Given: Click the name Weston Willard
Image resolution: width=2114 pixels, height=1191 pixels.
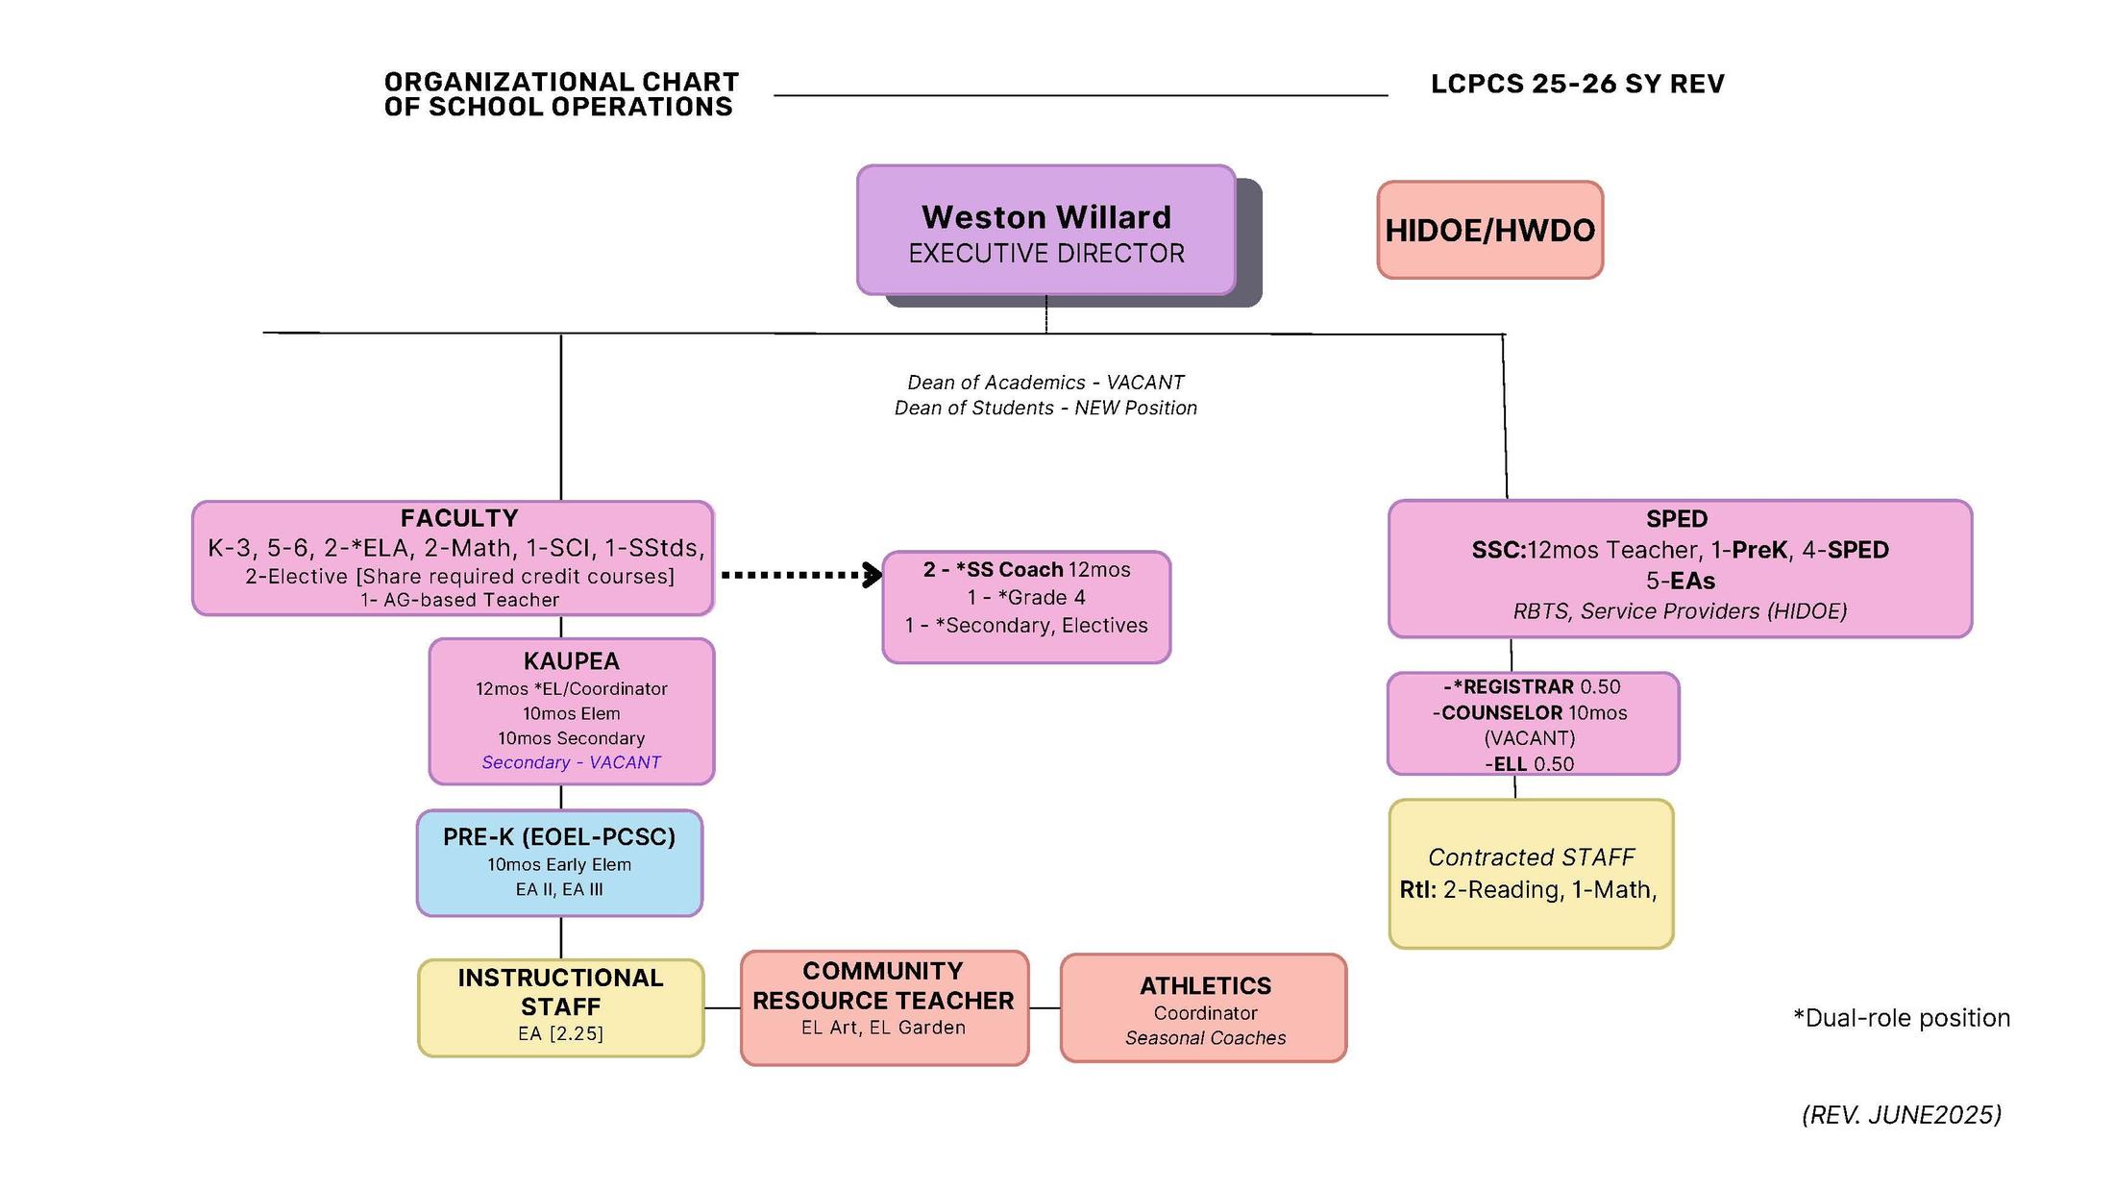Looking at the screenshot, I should [1045, 217].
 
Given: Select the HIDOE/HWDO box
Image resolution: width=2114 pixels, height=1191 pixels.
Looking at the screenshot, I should [1489, 231].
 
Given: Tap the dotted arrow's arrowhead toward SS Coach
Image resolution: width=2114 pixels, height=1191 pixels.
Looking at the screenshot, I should [873, 575].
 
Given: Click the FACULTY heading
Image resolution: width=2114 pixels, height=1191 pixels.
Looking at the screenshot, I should [459, 518].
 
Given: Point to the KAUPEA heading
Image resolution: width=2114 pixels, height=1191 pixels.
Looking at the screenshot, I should [571, 661].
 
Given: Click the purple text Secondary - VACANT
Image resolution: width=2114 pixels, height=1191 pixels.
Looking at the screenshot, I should [571, 762].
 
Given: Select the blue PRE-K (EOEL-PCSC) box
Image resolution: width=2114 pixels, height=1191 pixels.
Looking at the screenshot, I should [559, 862].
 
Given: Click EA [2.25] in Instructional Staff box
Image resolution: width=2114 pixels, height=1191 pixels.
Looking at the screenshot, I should [560, 1033].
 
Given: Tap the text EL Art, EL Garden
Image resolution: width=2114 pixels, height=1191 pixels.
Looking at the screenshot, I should [883, 1028].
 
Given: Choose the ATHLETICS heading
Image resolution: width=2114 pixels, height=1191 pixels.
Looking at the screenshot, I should [1205, 986].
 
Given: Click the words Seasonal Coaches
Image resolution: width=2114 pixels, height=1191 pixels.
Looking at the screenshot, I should [1205, 1038].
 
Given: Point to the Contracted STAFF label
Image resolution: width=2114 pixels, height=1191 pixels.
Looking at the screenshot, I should [1531, 857].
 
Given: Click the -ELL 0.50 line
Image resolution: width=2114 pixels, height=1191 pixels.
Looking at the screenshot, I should [1529, 764].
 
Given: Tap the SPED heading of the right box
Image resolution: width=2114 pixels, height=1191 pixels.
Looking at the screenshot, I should [1677, 519].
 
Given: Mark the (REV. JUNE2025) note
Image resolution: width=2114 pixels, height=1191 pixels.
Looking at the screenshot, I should [1901, 1115].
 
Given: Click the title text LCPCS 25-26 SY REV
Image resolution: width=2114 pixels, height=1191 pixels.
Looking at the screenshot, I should [1577, 85].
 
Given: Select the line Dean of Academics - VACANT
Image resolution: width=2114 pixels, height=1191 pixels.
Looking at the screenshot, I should [1045, 383].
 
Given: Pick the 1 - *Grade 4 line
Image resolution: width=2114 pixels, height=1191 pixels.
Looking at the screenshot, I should [1025, 598].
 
